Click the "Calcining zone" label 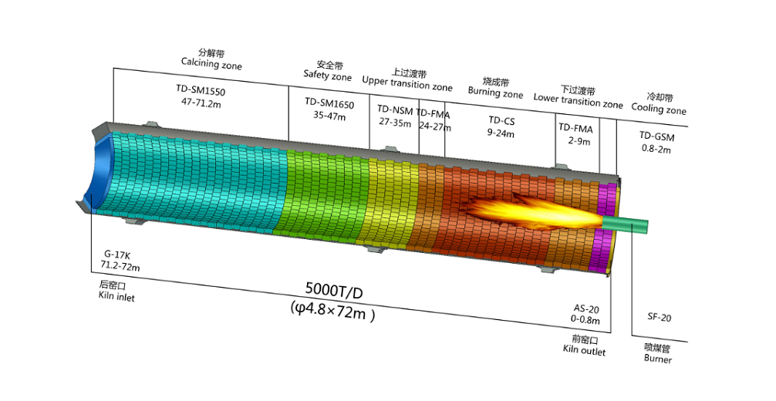tap(211, 64)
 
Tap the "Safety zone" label tap(328, 76)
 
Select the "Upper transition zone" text tap(407, 83)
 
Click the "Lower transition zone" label tap(578, 100)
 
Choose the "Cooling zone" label tap(659, 109)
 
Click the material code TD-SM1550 tap(201, 90)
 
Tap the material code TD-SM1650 tap(329, 104)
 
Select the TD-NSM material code tap(395, 110)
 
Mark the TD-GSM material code tap(656, 136)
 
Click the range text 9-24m tap(501, 133)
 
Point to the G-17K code tap(117, 255)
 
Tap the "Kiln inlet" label tap(116, 296)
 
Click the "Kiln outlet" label tap(584, 350)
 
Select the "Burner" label tap(658, 358)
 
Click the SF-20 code tap(660, 317)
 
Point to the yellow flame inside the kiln tap(535, 212)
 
